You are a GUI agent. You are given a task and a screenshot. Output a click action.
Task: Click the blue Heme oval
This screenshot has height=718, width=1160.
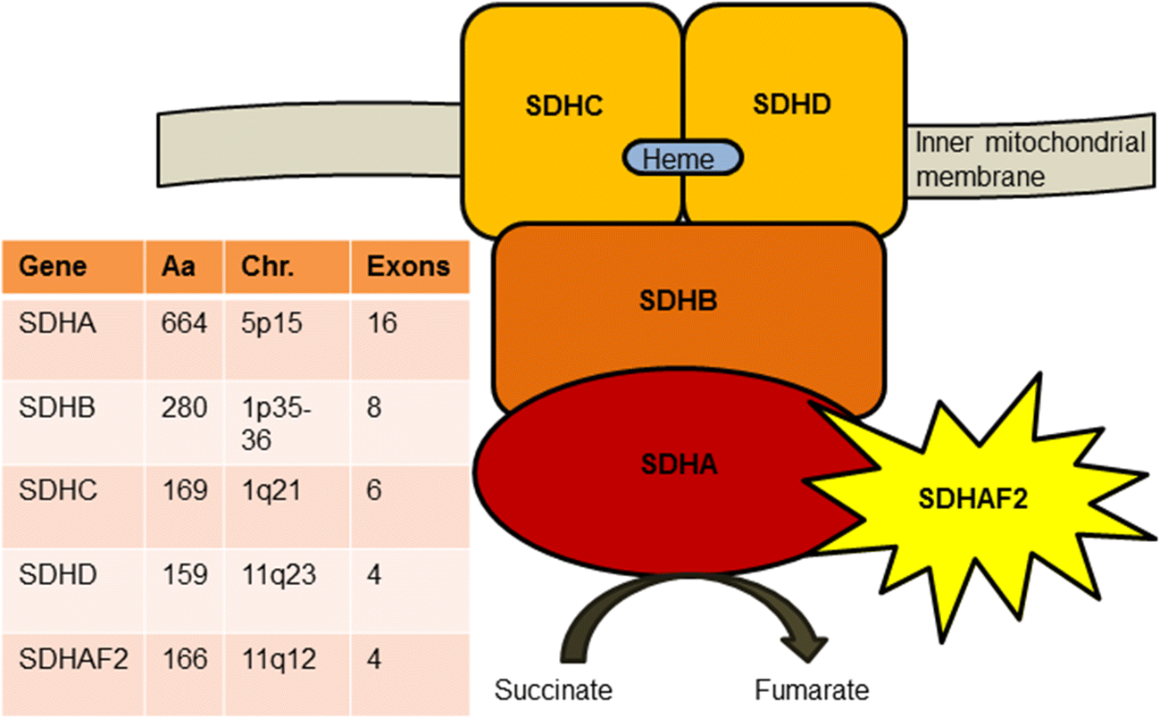(682, 158)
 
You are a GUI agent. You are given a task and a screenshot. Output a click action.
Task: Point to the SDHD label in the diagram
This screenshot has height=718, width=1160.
(792, 104)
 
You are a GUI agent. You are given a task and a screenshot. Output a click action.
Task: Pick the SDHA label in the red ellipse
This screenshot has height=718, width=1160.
(679, 464)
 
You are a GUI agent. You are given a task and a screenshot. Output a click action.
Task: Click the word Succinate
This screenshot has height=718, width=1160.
(554, 690)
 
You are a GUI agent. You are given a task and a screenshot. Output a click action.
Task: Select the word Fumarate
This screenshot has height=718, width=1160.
(811, 690)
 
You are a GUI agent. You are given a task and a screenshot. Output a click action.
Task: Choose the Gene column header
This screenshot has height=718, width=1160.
(54, 267)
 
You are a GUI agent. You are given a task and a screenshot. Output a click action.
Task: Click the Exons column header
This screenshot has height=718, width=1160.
(409, 267)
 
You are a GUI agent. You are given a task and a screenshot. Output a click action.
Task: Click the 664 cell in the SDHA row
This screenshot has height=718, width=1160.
(185, 323)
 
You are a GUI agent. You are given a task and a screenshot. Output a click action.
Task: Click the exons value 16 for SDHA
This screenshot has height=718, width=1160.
(382, 323)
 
